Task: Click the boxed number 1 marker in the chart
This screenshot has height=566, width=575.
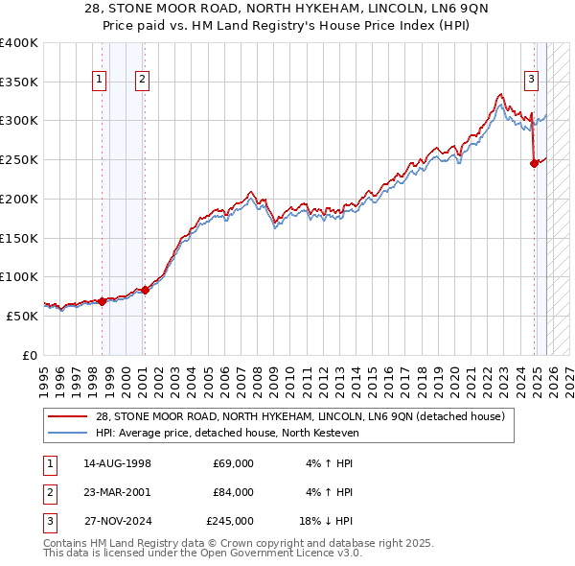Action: pyautogui.click(x=101, y=80)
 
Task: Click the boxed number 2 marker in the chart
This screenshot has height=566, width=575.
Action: pyautogui.click(x=142, y=80)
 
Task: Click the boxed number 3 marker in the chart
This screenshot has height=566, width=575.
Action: pyautogui.click(x=531, y=80)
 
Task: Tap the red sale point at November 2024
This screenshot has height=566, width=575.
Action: pyautogui.click(x=534, y=163)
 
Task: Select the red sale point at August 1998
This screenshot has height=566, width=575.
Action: pyautogui.click(x=102, y=301)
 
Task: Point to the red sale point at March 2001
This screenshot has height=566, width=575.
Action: pyautogui.click(x=145, y=289)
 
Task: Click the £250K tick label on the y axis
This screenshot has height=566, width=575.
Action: pyautogui.click(x=18, y=159)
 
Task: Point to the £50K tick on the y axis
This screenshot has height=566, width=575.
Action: pyautogui.click(x=22, y=315)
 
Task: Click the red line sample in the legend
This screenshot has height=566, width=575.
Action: pyautogui.click(x=68, y=416)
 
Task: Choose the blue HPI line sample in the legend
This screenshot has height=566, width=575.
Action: pyautogui.click(x=68, y=433)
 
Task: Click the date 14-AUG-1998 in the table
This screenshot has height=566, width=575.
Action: pyautogui.click(x=117, y=463)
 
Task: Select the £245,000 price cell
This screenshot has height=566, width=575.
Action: pyautogui.click(x=230, y=521)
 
